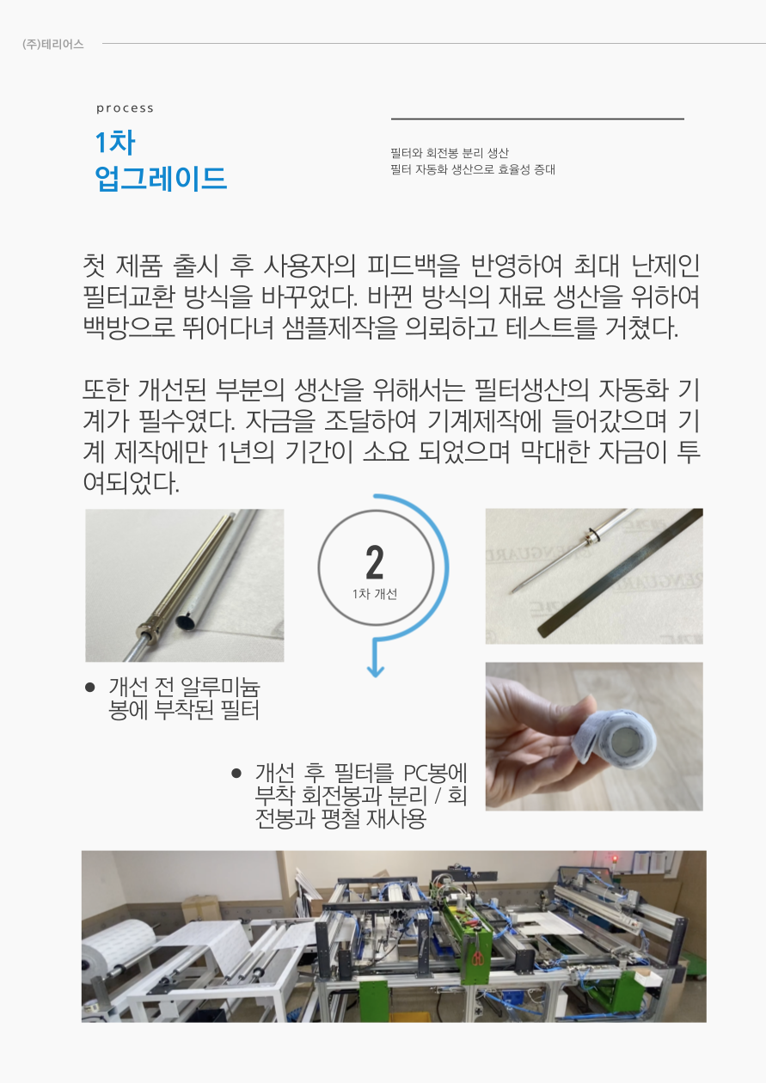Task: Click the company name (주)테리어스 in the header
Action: click(52, 45)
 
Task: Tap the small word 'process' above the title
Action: click(125, 108)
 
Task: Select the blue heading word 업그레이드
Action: click(161, 178)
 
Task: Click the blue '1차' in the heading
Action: click(115, 143)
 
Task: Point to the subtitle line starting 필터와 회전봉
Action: click(450, 153)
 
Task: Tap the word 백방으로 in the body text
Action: click(129, 327)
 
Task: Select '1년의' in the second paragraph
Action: click(246, 451)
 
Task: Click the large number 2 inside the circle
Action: click(375, 562)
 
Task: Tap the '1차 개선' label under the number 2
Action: click(375, 594)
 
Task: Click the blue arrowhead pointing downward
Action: click(375, 671)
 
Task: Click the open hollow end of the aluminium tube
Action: click(185, 621)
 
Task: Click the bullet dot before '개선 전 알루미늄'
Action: click(89, 687)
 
